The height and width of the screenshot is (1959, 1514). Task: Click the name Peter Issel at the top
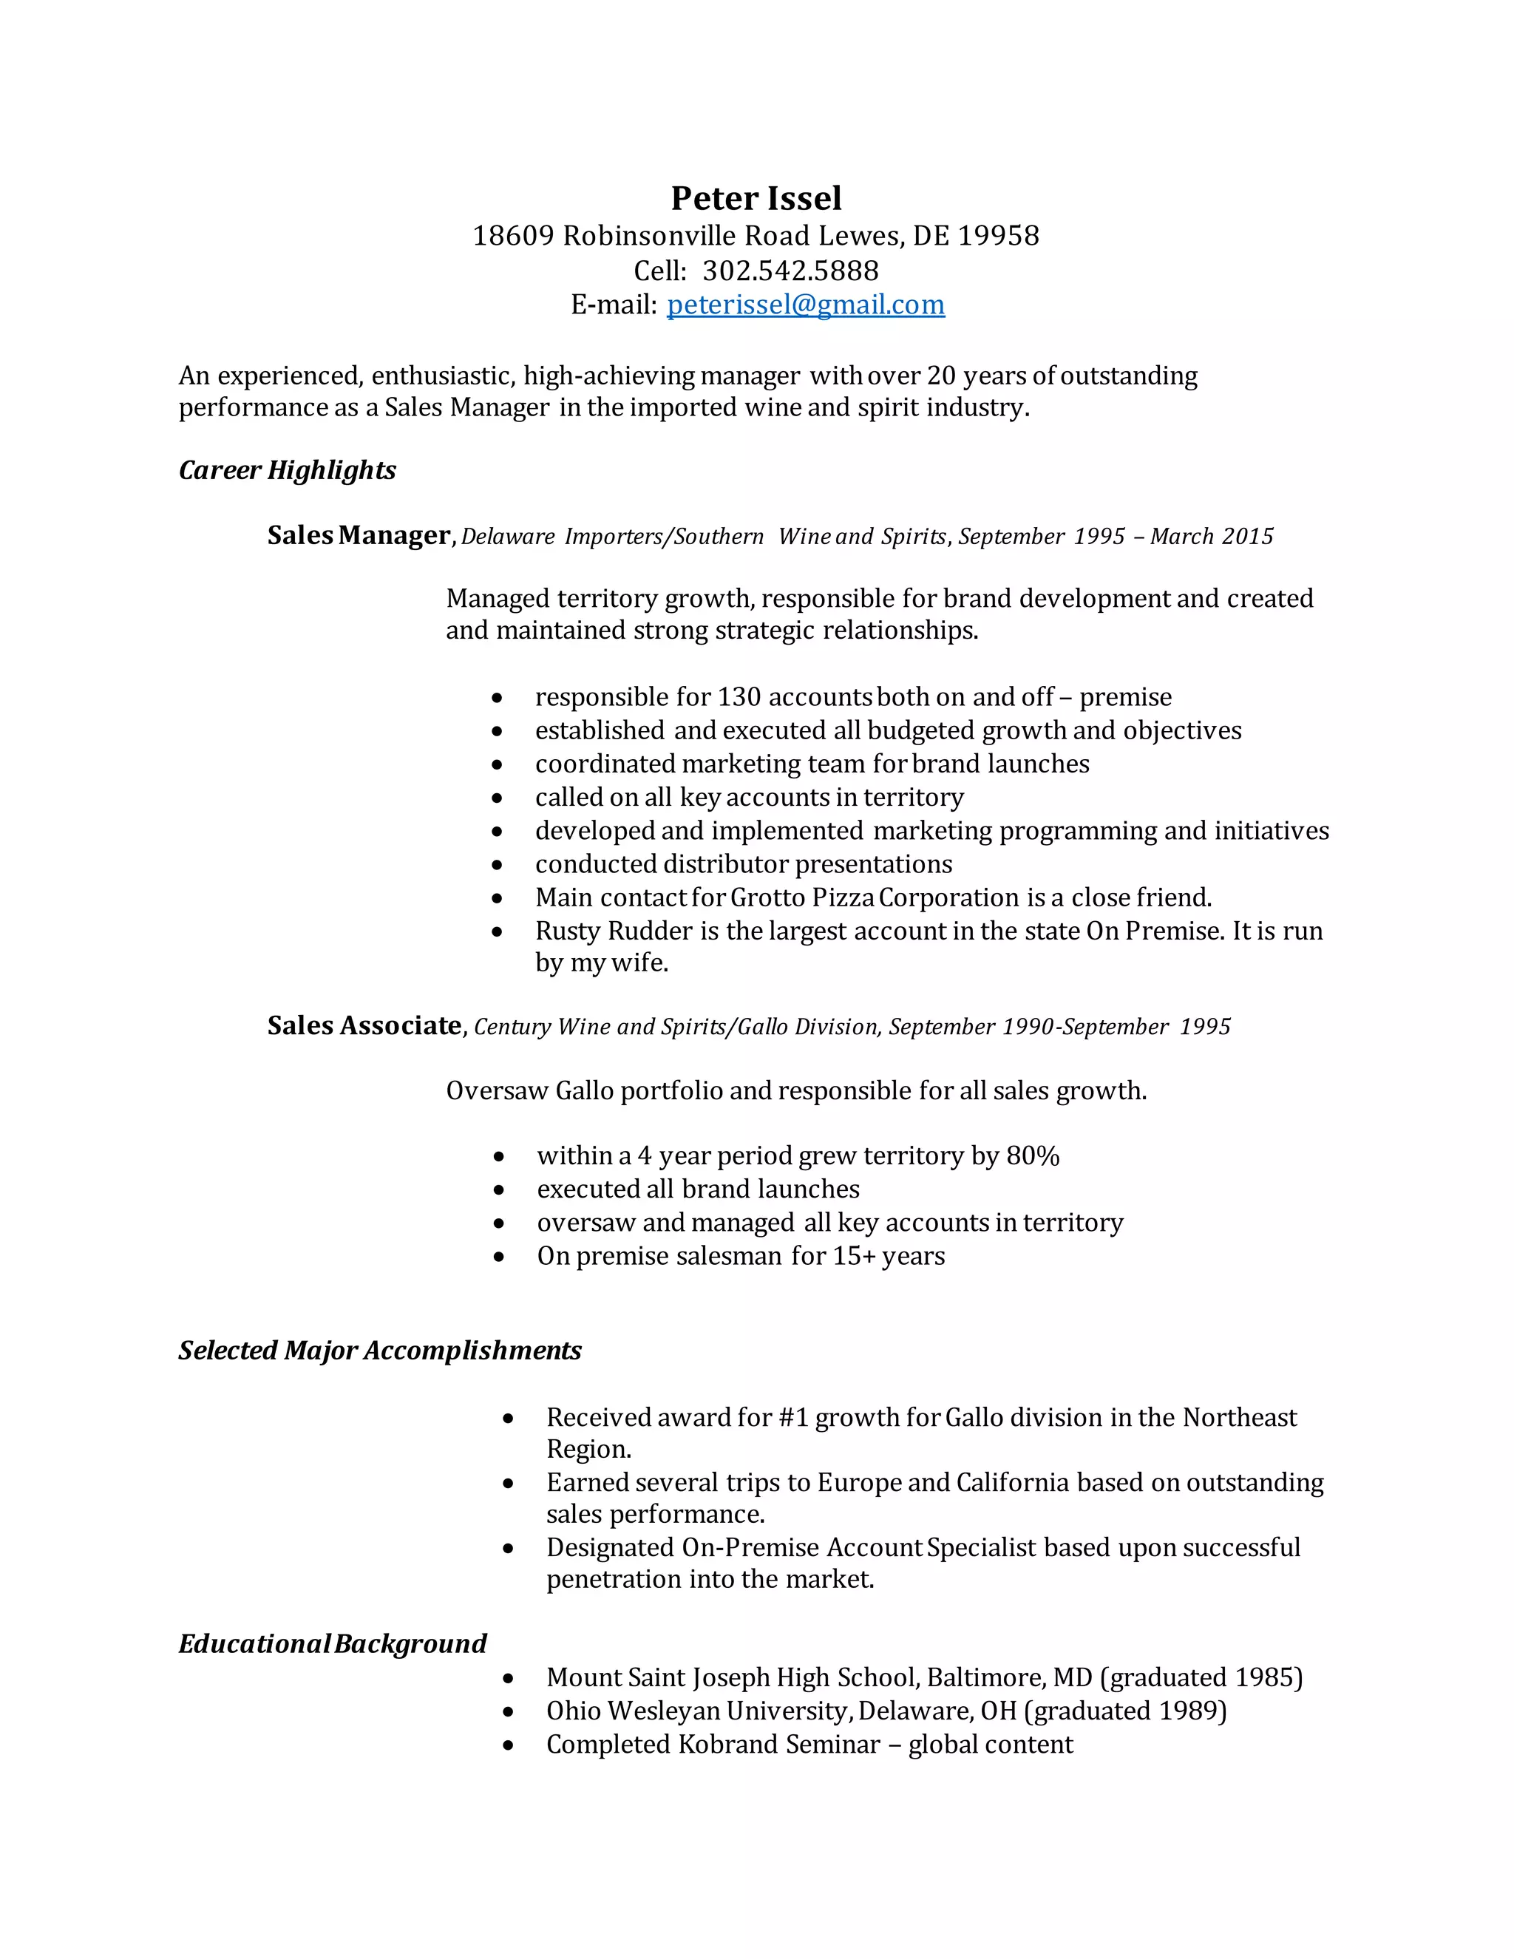click(756, 198)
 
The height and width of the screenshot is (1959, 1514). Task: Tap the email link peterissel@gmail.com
click(806, 305)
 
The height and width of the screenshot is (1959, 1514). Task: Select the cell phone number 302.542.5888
click(790, 271)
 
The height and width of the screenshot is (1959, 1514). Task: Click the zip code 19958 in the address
click(998, 236)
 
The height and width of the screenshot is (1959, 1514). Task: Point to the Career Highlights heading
click(287, 470)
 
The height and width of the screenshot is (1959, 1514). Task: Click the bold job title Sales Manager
click(359, 535)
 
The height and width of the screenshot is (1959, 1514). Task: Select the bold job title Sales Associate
click(364, 1025)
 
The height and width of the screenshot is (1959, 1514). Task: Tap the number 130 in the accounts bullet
click(739, 697)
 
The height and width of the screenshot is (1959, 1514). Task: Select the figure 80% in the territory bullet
click(1032, 1155)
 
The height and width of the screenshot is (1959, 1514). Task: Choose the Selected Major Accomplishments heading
click(379, 1351)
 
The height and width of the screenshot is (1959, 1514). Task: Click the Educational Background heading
click(332, 1644)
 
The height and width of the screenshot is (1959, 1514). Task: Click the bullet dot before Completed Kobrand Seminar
click(509, 1745)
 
